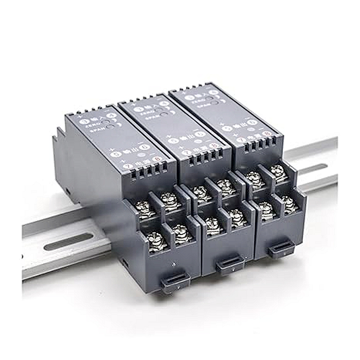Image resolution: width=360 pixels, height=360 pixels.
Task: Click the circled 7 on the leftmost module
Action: (127, 166)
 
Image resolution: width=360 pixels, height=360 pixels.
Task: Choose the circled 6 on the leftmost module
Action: (144, 147)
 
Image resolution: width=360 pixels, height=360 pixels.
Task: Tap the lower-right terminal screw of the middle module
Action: (236, 218)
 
